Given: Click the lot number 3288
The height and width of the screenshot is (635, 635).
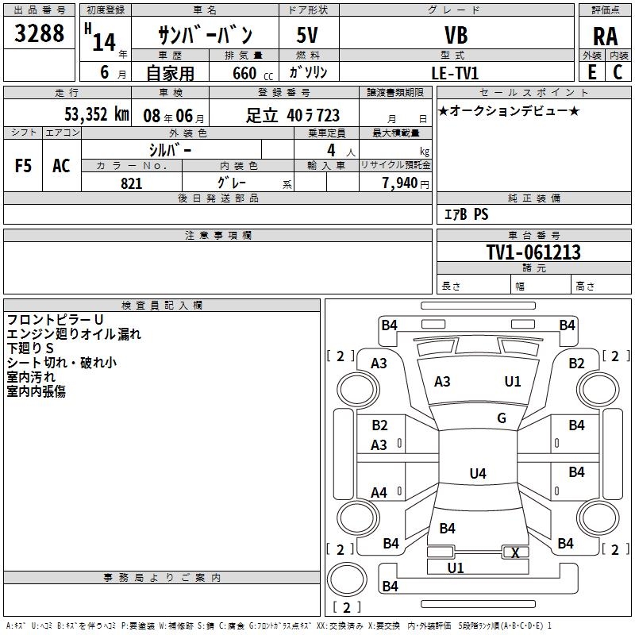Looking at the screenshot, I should (40, 34).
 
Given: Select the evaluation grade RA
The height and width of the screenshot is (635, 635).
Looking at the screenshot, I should (605, 36).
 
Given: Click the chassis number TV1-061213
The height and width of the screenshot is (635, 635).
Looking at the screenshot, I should (533, 253).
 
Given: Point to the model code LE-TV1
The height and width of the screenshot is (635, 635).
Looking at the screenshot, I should (456, 73).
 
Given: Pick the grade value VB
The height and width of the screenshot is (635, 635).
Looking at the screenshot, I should (456, 35).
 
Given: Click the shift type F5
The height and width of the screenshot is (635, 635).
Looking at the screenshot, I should (23, 166).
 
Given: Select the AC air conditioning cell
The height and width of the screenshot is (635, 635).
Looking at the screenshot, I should (61, 166).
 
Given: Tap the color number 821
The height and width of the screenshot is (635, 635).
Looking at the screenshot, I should (132, 183).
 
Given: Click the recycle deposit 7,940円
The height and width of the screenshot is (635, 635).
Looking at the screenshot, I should (406, 183).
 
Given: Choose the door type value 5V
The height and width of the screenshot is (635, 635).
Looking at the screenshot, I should (308, 35).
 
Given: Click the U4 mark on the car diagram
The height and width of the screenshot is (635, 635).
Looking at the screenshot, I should (477, 474).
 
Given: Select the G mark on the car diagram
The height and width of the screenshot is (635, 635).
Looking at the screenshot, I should (502, 418).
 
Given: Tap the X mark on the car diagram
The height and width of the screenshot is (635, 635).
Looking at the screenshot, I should (516, 553).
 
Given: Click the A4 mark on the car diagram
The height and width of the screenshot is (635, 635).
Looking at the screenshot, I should (379, 493).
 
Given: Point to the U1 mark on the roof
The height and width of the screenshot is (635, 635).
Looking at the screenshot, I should (513, 382).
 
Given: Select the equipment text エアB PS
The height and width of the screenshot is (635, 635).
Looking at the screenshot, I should (466, 214).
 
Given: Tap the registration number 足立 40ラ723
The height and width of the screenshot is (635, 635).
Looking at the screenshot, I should (293, 115).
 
